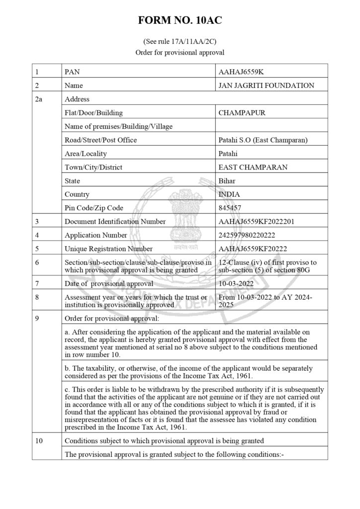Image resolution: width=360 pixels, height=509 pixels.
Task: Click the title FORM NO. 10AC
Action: (180, 21)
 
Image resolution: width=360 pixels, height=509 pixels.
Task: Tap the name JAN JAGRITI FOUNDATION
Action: (266, 85)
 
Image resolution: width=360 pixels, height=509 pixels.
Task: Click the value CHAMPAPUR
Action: (242, 113)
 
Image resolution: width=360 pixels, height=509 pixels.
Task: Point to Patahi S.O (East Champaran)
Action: (263, 140)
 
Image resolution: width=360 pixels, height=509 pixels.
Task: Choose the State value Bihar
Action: (227, 181)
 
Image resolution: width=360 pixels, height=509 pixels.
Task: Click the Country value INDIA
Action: (229, 194)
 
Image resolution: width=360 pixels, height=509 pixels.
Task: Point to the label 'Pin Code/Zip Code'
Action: (94, 208)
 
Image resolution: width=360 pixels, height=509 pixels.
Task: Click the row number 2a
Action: (39, 99)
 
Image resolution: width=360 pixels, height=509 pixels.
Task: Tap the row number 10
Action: (39, 440)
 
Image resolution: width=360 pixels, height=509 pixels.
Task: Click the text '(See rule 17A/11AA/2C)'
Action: (180, 42)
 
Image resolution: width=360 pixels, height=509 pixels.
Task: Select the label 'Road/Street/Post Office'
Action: (101, 140)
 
